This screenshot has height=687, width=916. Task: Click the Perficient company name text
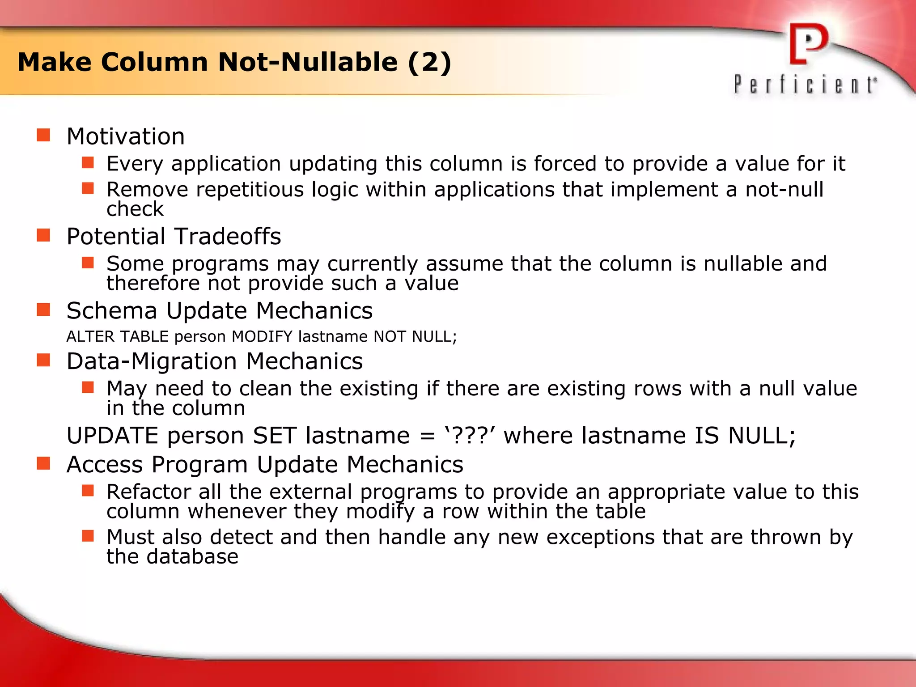pos(805,85)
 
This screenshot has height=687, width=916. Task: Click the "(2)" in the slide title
pos(429,62)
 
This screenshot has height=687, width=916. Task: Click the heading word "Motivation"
pos(126,136)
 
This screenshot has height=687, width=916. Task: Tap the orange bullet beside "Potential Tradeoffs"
pos(43,235)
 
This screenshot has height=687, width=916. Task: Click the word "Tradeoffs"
pos(227,236)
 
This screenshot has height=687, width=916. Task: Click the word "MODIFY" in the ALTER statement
pos(262,336)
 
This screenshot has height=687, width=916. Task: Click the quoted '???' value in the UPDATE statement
pos(470,435)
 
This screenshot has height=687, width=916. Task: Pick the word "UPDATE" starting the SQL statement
pos(112,436)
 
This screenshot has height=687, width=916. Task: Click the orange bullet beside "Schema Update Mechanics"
pos(43,310)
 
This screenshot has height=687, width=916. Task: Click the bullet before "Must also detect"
pos(88,535)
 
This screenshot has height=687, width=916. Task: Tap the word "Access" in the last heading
pos(105,465)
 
